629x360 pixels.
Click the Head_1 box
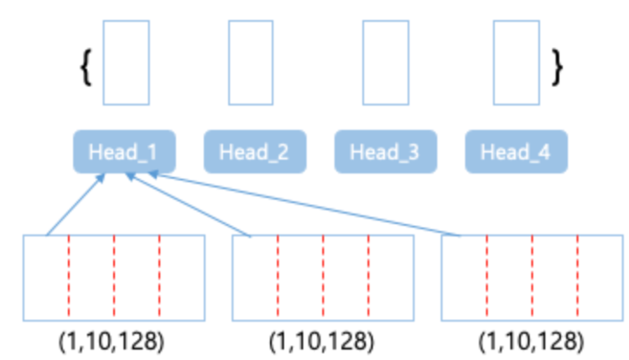pyautogui.click(x=124, y=153)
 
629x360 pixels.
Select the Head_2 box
pyautogui.click(x=255, y=153)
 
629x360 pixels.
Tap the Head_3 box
pyautogui.click(x=386, y=153)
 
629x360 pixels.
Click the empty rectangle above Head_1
pyautogui.click(x=126, y=62)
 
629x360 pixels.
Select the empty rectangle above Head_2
pyautogui.click(x=251, y=62)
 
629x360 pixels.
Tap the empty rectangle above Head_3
pyautogui.click(x=385, y=62)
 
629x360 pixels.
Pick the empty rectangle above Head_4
pyautogui.click(x=516, y=62)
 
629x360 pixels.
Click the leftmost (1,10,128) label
pyautogui.click(x=112, y=342)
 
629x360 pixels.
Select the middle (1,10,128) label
pyautogui.click(x=322, y=342)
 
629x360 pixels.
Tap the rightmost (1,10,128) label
pyautogui.click(x=532, y=342)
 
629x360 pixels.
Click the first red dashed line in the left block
pyautogui.click(x=69, y=277)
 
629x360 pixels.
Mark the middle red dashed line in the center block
pyautogui.click(x=323, y=277)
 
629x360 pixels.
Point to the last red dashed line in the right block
pyautogui.click(x=578, y=277)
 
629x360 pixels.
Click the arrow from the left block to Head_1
pyautogui.click(x=74, y=205)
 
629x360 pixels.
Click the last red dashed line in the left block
pyautogui.click(x=159, y=277)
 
